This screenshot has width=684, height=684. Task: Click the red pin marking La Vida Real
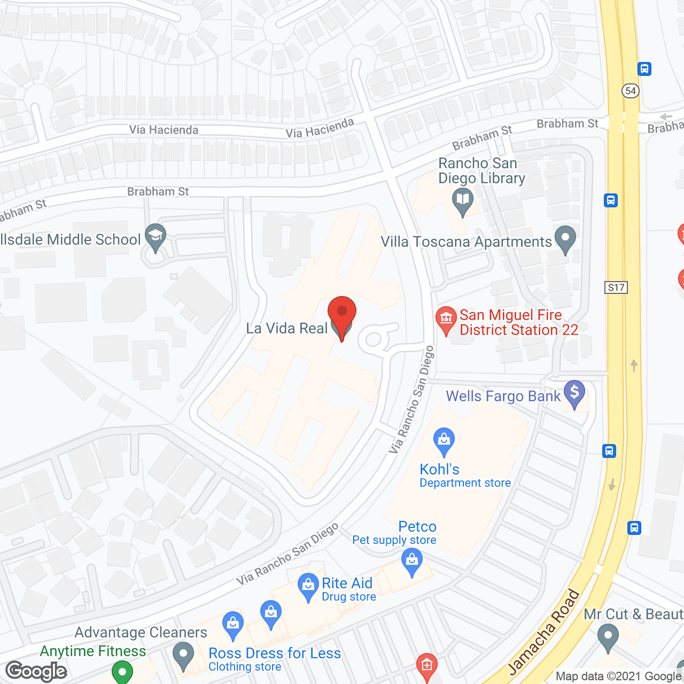tap(342, 312)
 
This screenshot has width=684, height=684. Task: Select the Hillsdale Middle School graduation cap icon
tap(156, 236)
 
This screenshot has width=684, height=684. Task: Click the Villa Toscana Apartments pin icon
tap(565, 238)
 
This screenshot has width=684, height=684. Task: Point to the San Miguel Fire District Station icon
tap(446, 319)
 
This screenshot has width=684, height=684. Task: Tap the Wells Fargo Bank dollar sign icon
tap(574, 393)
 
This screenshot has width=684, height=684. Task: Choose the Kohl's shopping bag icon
tap(444, 440)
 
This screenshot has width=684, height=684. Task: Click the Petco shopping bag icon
tap(411, 561)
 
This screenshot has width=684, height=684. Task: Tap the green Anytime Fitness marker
tap(122, 672)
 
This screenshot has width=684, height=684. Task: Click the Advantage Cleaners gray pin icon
tap(183, 655)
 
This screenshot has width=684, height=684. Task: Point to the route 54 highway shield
tap(631, 91)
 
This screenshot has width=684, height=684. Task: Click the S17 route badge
tap(616, 287)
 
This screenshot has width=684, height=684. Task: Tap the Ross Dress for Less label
tap(275, 654)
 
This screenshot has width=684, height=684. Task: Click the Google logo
tap(36, 671)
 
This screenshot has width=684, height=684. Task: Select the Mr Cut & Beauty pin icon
tap(608, 637)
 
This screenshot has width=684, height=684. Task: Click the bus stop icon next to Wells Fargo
tap(609, 450)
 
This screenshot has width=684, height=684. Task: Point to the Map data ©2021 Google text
tap(618, 677)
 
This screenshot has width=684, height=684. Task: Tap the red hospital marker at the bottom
tap(426, 666)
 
